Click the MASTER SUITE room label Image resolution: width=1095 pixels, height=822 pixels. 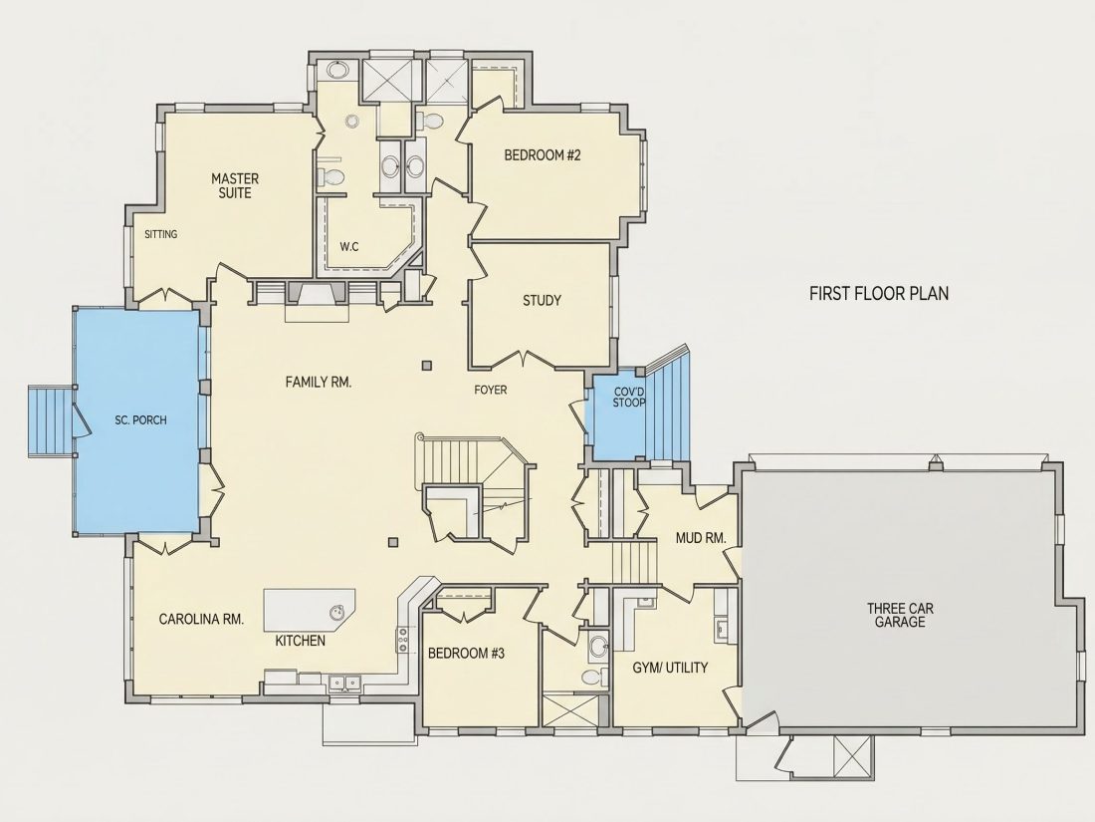pyautogui.click(x=235, y=186)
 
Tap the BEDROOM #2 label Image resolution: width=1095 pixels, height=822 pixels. pyautogui.click(x=543, y=155)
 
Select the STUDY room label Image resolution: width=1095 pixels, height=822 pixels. pyautogui.click(x=542, y=301)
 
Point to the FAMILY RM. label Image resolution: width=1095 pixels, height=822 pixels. pyautogui.click(x=318, y=382)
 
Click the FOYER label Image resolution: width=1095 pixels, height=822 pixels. pyautogui.click(x=490, y=390)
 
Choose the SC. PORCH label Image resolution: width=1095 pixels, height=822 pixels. pyautogui.click(x=140, y=420)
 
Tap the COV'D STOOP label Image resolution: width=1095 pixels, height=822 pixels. pyautogui.click(x=628, y=397)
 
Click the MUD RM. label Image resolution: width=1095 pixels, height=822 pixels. pyautogui.click(x=701, y=538)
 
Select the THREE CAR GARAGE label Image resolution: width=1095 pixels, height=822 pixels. pyautogui.click(x=900, y=615)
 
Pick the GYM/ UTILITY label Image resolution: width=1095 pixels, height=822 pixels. pyautogui.click(x=670, y=668)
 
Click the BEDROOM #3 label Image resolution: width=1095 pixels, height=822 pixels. pyautogui.click(x=466, y=654)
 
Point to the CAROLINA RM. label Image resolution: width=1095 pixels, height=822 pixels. pyautogui.click(x=201, y=619)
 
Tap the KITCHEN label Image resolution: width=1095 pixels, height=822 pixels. pyautogui.click(x=301, y=641)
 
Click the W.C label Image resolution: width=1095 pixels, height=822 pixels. pyautogui.click(x=349, y=247)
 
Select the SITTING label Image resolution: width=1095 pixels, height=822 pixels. pyautogui.click(x=160, y=234)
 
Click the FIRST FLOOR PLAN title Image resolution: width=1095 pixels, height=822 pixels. pyautogui.click(x=879, y=293)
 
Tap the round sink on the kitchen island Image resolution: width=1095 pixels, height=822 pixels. pyautogui.click(x=337, y=612)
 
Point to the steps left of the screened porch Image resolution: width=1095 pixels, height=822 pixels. pyautogui.click(x=51, y=420)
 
